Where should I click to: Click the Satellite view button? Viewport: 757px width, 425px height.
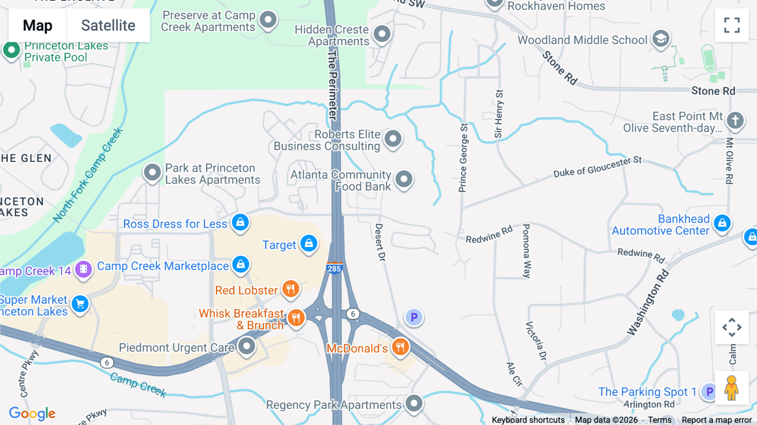[108, 25]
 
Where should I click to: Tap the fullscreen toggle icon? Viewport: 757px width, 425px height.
[732, 25]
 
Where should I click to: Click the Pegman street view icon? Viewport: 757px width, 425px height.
[731, 388]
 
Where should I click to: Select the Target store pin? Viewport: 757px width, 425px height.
[309, 243]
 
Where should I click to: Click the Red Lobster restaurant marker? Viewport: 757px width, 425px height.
[290, 289]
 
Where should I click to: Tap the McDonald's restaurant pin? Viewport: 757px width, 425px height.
[400, 347]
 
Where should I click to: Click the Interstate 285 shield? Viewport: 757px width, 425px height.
[334, 268]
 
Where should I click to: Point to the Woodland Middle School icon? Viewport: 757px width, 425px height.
[661, 39]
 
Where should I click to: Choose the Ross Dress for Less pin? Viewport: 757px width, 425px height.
[240, 222]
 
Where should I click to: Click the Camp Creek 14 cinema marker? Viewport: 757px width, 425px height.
[83, 269]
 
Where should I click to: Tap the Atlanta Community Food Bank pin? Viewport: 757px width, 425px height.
[404, 179]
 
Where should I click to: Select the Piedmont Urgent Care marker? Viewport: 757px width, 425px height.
[246, 346]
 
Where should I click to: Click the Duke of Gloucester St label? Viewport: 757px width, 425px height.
[597, 167]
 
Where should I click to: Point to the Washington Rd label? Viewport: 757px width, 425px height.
[648, 303]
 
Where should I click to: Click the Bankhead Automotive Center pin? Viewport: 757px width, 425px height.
[722, 223]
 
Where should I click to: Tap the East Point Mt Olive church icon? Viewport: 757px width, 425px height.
[735, 120]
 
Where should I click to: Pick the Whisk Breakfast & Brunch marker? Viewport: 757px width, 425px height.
[296, 318]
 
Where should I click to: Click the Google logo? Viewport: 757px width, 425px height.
[32, 413]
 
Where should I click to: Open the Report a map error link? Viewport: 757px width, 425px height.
[717, 420]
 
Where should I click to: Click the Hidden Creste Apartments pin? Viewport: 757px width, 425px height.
[382, 34]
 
